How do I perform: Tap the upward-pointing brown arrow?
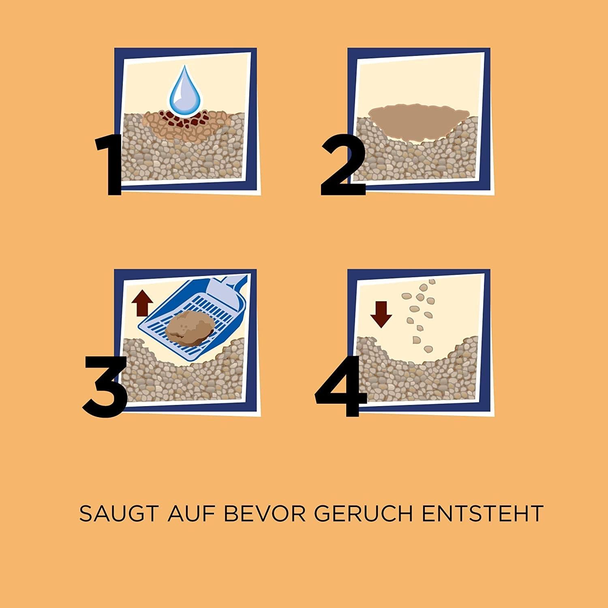click(x=143, y=304)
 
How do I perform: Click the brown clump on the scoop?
click(x=187, y=330)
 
